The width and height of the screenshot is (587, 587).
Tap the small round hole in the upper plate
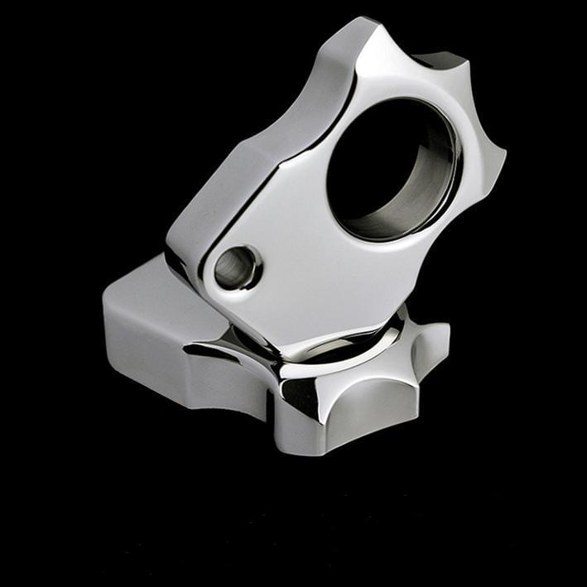coord(235,267)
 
